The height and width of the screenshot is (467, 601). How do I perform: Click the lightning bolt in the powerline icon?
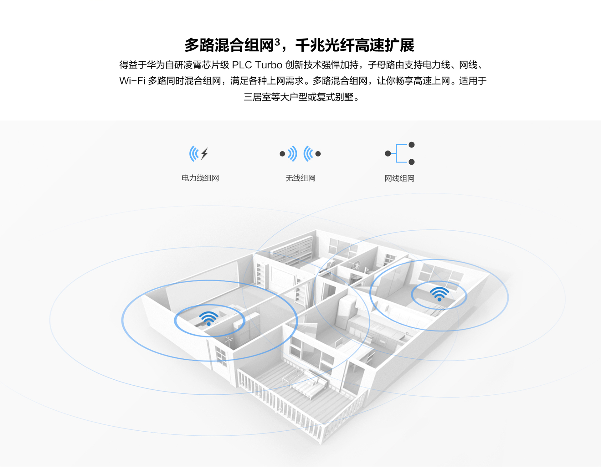205,153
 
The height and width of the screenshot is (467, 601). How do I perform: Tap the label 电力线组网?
200,178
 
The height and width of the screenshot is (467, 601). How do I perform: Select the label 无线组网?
300,178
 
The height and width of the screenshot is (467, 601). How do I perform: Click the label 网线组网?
399,178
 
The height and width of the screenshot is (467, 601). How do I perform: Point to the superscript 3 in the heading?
277,42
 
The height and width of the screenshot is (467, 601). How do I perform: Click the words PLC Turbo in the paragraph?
257,65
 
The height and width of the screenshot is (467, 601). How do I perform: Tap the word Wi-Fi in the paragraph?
132,81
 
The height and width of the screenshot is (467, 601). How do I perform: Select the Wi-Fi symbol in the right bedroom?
439,294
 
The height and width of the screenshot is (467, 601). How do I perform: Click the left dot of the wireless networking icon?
282,154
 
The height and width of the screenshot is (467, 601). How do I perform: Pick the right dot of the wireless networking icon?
318,154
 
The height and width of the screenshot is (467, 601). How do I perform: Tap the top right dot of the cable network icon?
412,145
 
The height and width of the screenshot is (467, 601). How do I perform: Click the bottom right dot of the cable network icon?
412,162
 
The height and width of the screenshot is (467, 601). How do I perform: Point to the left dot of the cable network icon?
388,153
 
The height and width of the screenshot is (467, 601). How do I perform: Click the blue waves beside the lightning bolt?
194,153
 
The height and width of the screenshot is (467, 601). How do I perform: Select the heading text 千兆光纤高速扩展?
355,45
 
